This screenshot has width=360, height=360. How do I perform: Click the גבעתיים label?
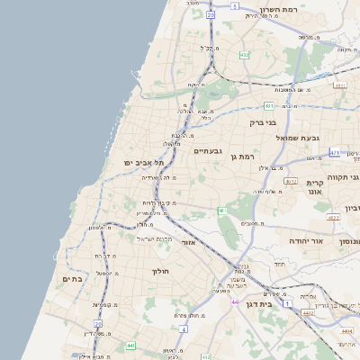click(208, 151)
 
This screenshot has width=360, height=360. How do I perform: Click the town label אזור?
click(188, 242)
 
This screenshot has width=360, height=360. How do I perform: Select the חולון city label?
click(161, 271)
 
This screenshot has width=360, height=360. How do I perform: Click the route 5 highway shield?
click(235, 5)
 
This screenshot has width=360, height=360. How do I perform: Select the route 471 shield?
click(335, 153)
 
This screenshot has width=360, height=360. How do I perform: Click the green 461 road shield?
click(221, 211)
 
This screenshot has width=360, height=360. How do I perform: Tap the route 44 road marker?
click(234, 301)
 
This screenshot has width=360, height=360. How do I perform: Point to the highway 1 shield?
click(287, 304)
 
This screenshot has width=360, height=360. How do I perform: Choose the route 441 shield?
click(130, 345)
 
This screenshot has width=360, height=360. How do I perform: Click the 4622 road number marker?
click(333, 217)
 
